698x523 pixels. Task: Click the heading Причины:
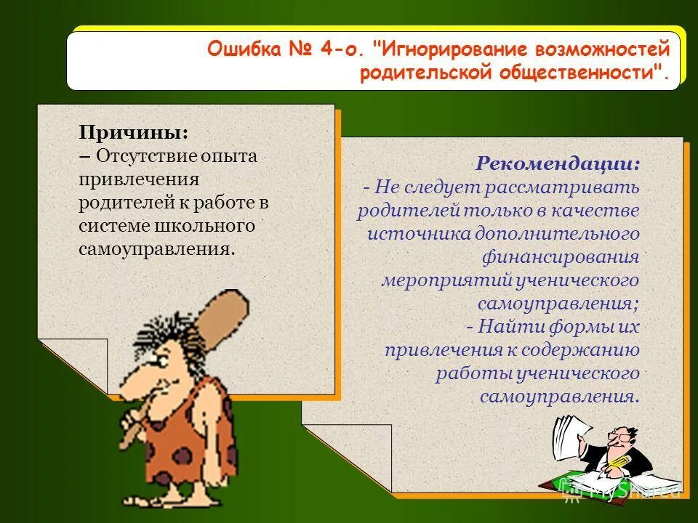[x=134, y=134]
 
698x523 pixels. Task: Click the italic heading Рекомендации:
[x=558, y=163]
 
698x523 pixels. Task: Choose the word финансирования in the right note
[x=561, y=256]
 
